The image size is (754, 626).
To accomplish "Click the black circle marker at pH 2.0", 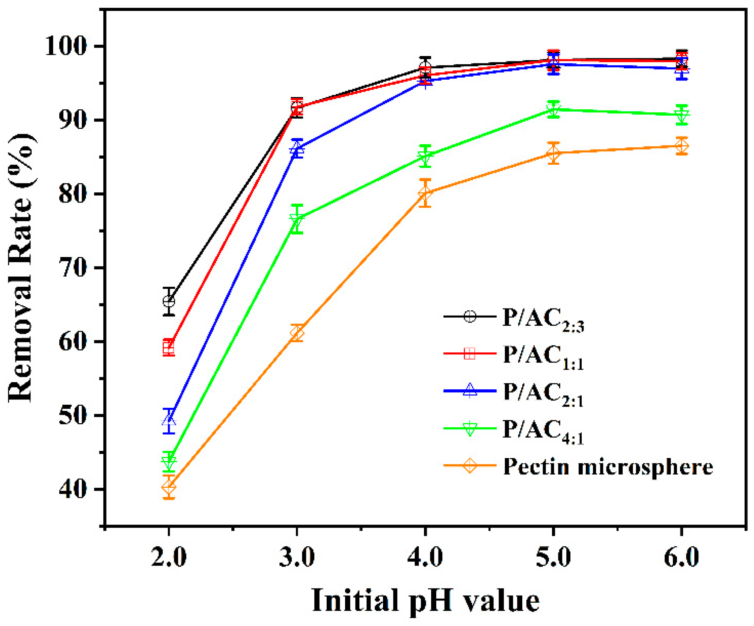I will tap(169, 301).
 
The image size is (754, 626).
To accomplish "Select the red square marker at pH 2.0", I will tap(169, 348).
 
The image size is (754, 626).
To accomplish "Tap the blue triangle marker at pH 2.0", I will tap(169, 420).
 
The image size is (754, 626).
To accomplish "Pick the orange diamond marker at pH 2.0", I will tap(169, 487).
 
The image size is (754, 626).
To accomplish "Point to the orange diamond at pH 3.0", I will tap(297, 333).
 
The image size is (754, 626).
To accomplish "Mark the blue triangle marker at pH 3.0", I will tap(297, 148).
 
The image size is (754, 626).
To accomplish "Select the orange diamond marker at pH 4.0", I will tap(425, 193).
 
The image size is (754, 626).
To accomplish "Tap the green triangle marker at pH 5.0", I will tap(553, 109).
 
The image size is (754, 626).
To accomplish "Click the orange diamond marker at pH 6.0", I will tap(682, 146).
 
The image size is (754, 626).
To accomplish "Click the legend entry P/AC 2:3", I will tap(543, 318).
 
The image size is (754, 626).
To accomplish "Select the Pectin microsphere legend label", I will tap(608, 467).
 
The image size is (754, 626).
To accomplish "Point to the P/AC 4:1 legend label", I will tap(543, 430).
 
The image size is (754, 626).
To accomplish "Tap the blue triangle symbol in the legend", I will tap(470, 390).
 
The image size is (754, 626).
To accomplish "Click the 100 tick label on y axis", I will tap(66, 46).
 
